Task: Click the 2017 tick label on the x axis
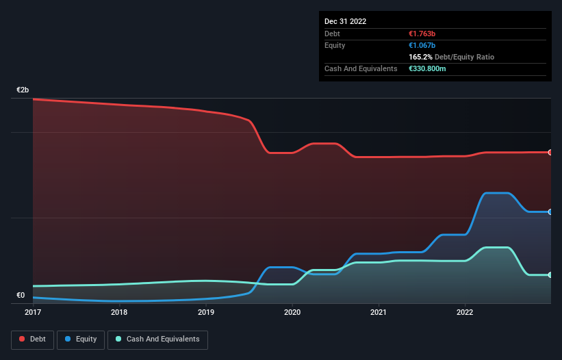click(34, 313)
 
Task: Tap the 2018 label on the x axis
click(119, 313)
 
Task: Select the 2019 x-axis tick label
click(206, 313)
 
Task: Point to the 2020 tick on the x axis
click(292, 313)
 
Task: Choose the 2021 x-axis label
click(379, 313)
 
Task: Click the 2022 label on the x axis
click(465, 313)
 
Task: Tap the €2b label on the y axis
click(23, 90)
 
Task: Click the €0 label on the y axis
click(21, 296)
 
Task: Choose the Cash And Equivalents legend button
click(157, 339)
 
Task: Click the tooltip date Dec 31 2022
click(346, 21)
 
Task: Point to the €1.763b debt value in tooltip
click(423, 34)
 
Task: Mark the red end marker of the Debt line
click(550, 152)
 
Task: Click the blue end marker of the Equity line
click(550, 212)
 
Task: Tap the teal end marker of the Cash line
click(550, 275)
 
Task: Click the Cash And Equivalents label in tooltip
click(361, 68)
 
